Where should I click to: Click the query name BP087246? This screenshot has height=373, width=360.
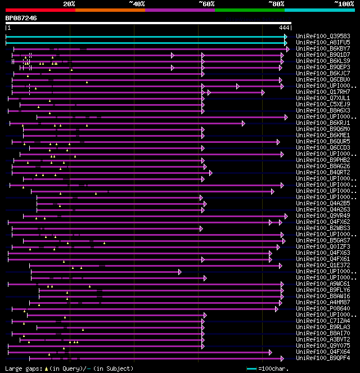point(21,18)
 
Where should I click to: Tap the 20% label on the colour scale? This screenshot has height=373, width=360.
point(69,3)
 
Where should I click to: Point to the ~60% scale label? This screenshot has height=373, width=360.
point(206,3)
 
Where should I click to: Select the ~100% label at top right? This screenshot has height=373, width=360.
point(344,3)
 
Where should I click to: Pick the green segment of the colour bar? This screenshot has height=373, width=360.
point(249,10)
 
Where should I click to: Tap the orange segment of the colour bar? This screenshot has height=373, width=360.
point(110,10)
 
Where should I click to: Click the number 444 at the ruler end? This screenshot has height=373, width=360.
point(283,28)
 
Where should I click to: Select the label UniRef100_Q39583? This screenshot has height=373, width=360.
point(323,37)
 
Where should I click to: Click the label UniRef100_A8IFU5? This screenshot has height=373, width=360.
point(323,43)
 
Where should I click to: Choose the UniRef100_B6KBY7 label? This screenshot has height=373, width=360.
point(323,49)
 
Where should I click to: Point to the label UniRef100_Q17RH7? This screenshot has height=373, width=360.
point(323,92)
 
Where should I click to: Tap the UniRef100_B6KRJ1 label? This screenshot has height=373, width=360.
point(323,123)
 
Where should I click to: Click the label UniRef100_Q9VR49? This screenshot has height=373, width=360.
point(323,215)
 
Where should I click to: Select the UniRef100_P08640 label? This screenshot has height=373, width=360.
point(323,308)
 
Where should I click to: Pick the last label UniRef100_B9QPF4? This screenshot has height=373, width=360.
point(323,358)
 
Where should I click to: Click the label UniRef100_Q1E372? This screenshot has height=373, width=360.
point(323,265)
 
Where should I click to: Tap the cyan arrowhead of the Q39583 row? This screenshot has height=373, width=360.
point(286,37)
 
